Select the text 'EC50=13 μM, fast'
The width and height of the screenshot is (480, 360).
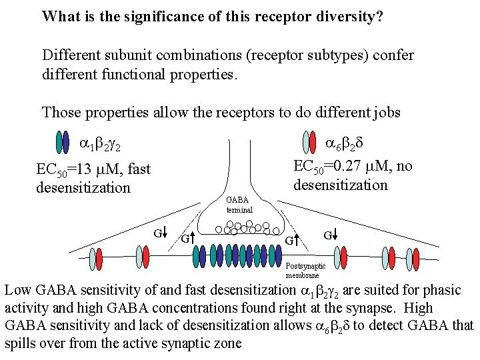point(93,171)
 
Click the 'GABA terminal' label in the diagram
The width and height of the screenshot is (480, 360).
point(238,204)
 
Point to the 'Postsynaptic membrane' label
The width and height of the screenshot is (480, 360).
point(302,270)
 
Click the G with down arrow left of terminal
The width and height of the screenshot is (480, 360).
point(160,233)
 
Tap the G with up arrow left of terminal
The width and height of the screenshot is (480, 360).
point(187,237)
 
